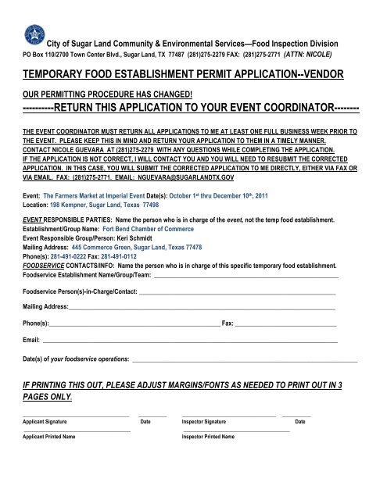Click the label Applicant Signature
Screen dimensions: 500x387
tap(45, 421)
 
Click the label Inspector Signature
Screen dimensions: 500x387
tap(204, 421)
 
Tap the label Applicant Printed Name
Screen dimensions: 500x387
tap(48, 436)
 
